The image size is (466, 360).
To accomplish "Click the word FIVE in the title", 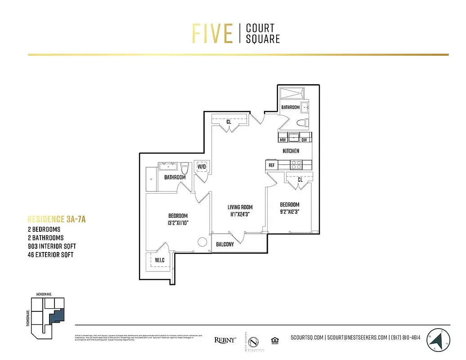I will [x=212, y=33].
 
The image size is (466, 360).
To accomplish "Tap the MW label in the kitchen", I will [x=283, y=140].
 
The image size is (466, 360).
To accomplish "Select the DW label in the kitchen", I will [x=304, y=140].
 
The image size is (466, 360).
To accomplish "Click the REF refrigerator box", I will [x=271, y=165].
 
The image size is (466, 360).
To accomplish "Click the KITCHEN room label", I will [x=291, y=151].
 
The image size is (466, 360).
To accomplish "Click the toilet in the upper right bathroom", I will [x=303, y=122].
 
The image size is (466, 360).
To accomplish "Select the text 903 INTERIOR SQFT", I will [x=52, y=246].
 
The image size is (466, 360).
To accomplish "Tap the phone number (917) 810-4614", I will [x=405, y=337].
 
